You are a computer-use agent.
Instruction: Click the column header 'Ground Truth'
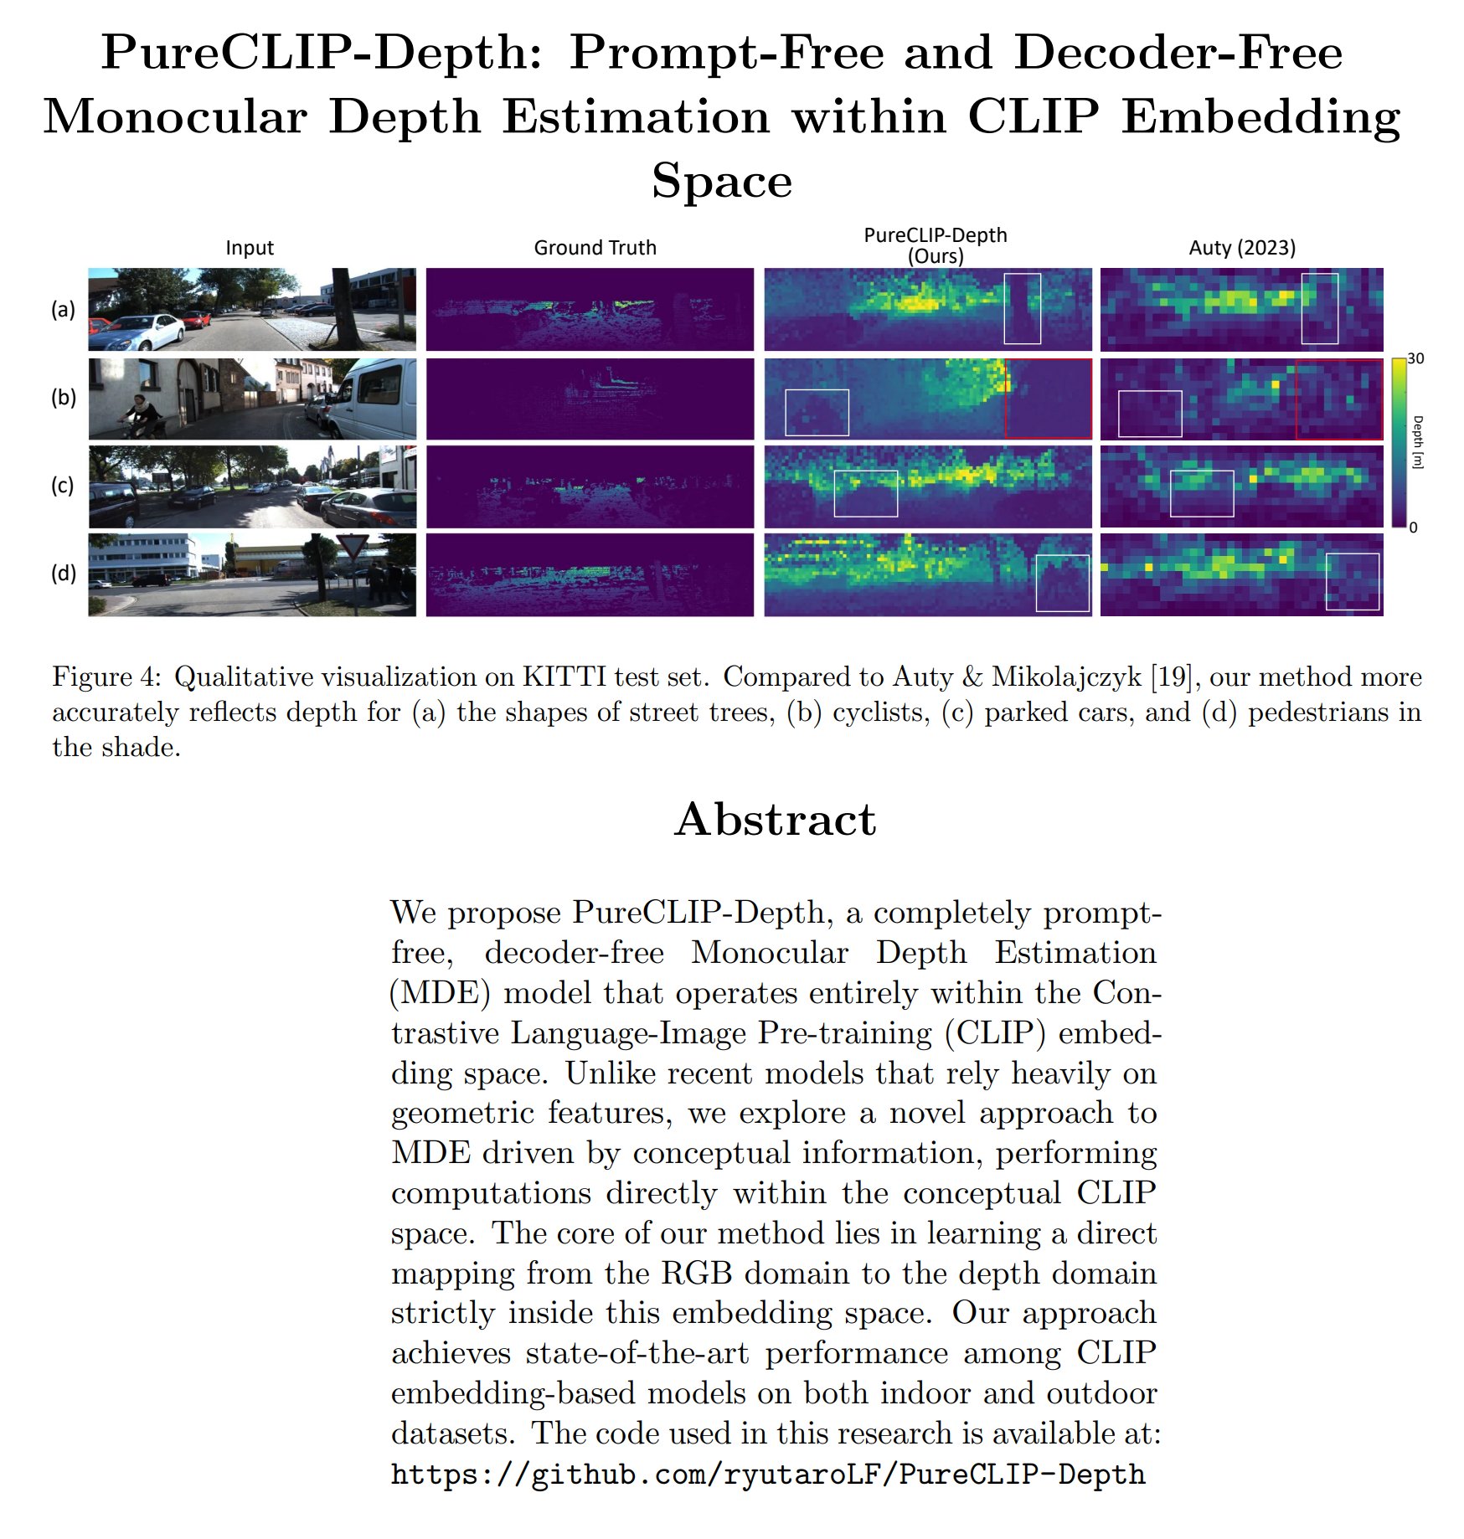(595, 248)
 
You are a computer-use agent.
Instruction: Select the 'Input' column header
(250, 248)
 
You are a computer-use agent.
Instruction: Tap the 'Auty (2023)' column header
(1242, 248)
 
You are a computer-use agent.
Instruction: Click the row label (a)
(64, 309)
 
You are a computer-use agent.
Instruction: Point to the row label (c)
(63, 486)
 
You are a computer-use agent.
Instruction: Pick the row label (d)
(64, 574)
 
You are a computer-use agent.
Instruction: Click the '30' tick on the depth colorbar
(1415, 358)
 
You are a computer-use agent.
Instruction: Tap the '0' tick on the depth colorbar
(1413, 528)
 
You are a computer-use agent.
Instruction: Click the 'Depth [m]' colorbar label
(1417, 441)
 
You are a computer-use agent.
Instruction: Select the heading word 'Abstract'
(776, 819)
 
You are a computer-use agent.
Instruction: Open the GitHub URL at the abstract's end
(767, 1474)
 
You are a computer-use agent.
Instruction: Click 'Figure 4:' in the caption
(106, 677)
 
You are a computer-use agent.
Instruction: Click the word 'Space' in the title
(722, 180)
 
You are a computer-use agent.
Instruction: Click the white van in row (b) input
(375, 399)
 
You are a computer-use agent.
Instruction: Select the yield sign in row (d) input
(352, 548)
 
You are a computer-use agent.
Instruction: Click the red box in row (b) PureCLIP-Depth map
(1048, 399)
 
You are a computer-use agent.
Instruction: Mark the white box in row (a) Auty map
(1319, 308)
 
